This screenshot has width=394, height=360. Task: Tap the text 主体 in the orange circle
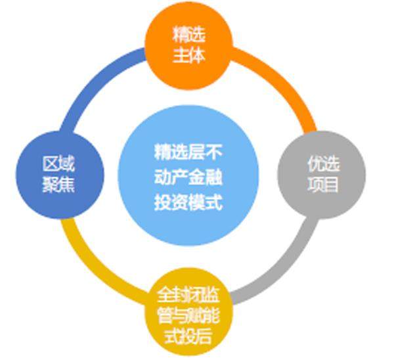(189, 55)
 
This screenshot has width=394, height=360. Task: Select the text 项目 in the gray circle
(322, 185)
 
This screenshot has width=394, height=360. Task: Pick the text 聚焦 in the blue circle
(58, 185)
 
